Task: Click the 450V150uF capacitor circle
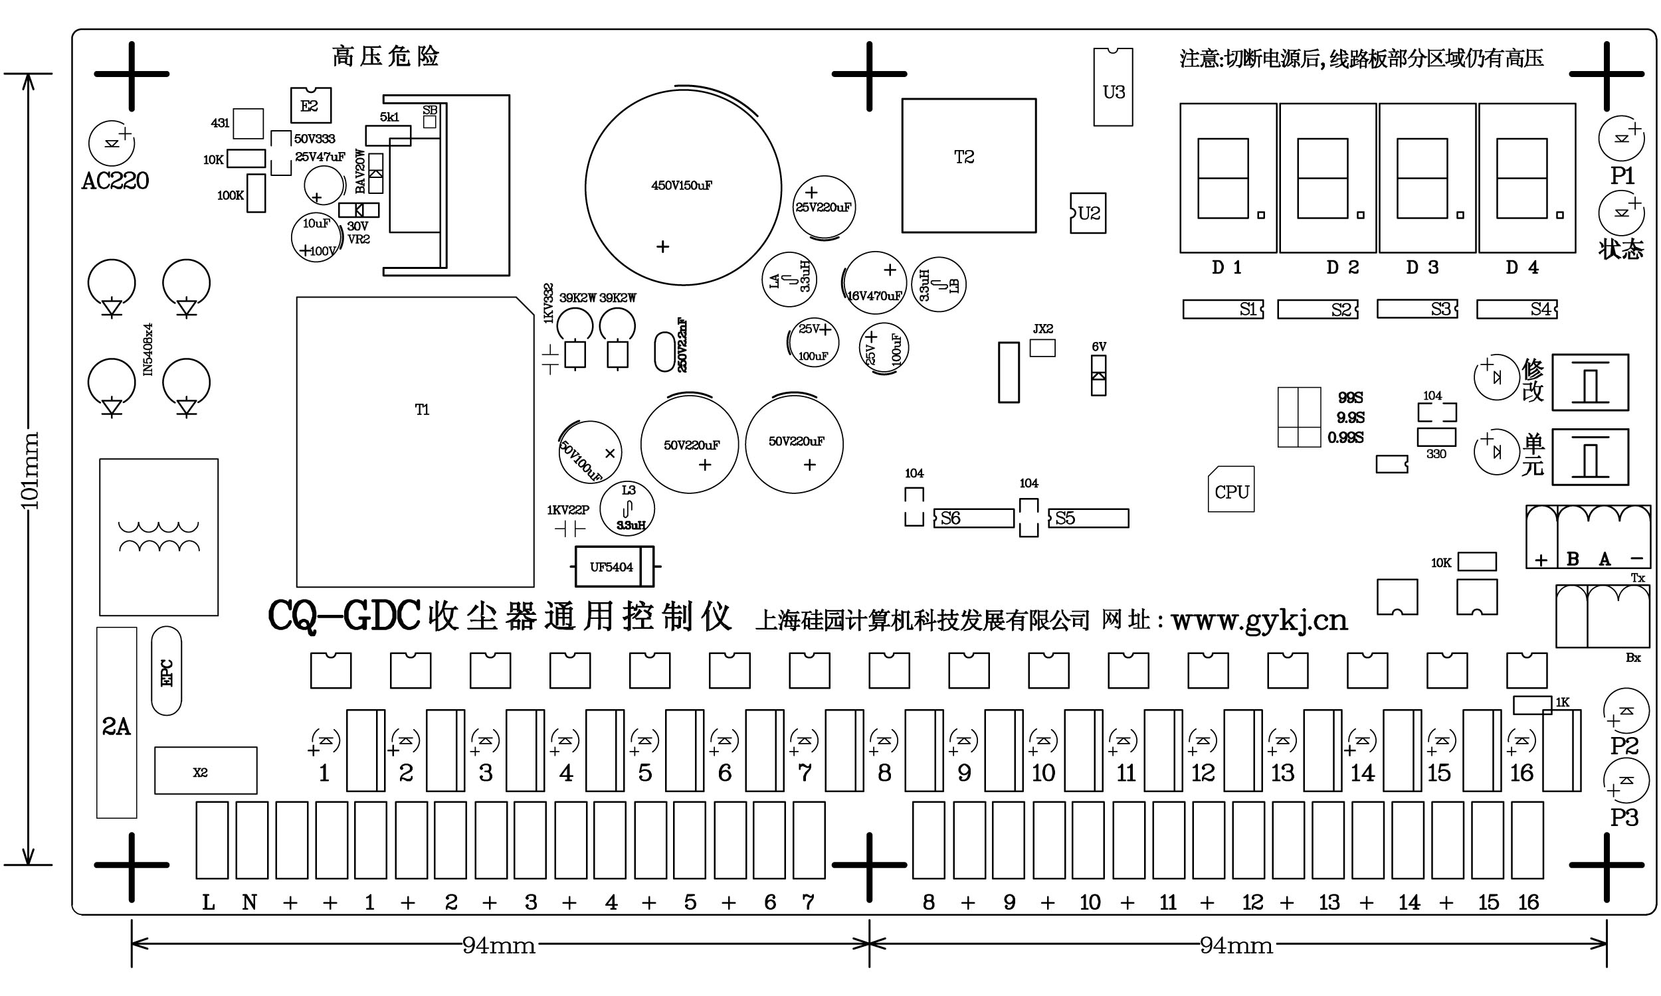(x=683, y=187)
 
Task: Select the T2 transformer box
(x=968, y=165)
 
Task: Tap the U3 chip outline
(x=1112, y=86)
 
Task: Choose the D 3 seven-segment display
(x=1426, y=178)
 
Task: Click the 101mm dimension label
(x=31, y=470)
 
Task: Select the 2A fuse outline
(x=116, y=722)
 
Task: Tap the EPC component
(x=167, y=671)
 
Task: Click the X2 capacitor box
(x=205, y=770)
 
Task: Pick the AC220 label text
(x=115, y=181)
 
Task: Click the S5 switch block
(x=1088, y=518)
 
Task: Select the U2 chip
(x=1088, y=213)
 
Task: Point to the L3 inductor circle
(x=627, y=509)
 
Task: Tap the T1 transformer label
(x=422, y=410)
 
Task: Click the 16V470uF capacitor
(x=874, y=283)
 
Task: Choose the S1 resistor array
(x=1222, y=309)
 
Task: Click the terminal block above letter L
(x=211, y=839)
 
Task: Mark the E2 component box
(x=310, y=106)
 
